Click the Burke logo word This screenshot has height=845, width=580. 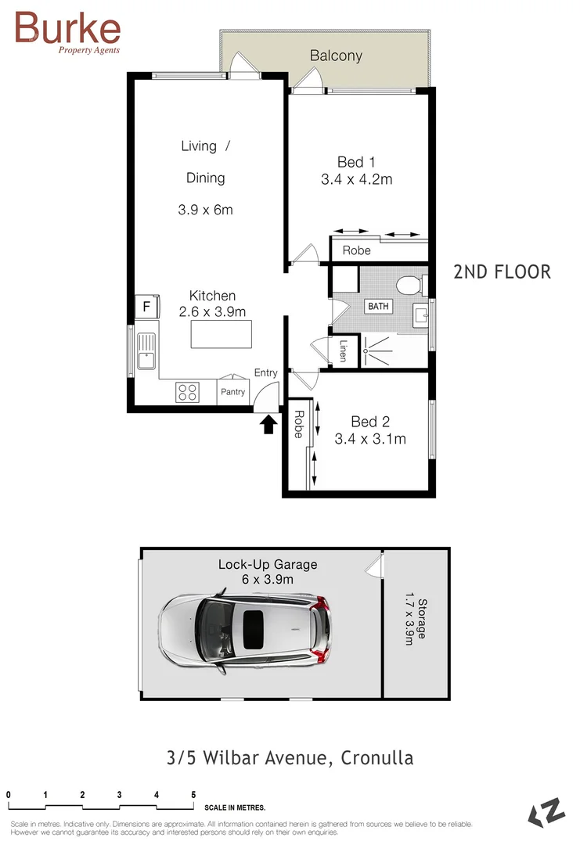pyautogui.click(x=68, y=28)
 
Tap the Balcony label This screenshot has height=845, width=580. pyautogui.click(x=336, y=56)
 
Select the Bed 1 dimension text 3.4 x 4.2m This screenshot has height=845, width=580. pyautogui.click(x=356, y=179)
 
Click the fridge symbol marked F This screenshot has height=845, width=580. pyautogui.click(x=146, y=307)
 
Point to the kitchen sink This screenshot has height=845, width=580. pyautogui.click(x=146, y=351)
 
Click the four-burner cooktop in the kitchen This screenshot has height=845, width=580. pyautogui.click(x=187, y=391)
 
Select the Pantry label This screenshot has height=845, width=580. pyautogui.click(x=232, y=392)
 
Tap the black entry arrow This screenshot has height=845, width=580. pyautogui.click(x=268, y=423)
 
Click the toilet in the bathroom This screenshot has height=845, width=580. pyautogui.click(x=409, y=285)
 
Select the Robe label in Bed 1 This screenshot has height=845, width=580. pyautogui.click(x=356, y=251)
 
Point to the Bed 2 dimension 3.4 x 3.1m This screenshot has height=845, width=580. pyautogui.click(x=369, y=439)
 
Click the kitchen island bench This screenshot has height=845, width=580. pyautogui.click(x=222, y=334)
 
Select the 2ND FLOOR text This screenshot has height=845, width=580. pyautogui.click(x=502, y=272)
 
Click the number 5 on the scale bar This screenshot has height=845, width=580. pyautogui.click(x=193, y=795)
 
